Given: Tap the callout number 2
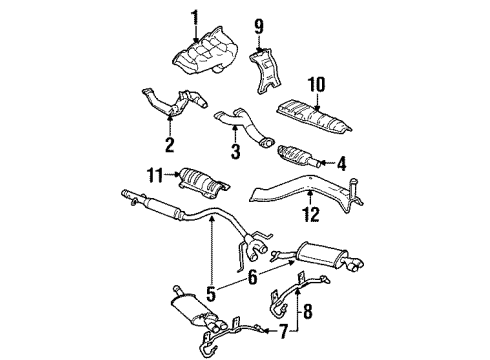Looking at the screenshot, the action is point(169,145).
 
